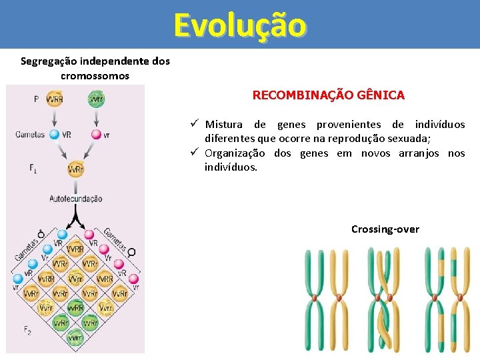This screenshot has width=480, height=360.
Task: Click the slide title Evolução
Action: [240, 25]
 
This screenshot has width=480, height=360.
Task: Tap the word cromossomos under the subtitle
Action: [95, 76]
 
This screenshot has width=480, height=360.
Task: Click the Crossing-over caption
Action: [385, 229]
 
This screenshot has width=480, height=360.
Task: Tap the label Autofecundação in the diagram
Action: [75, 199]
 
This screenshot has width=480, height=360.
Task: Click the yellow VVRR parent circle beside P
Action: [55, 99]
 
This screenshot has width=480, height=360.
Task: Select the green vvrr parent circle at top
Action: [97, 99]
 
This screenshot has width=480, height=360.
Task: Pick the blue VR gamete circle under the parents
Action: [55, 135]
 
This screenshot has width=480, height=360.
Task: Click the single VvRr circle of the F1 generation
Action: [75, 169]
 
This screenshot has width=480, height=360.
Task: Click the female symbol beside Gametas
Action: [131, 252]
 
